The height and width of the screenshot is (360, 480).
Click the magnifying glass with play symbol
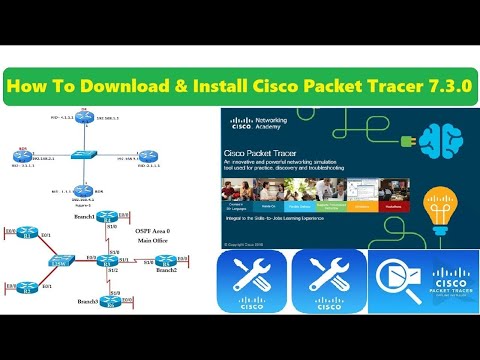point(394,281)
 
